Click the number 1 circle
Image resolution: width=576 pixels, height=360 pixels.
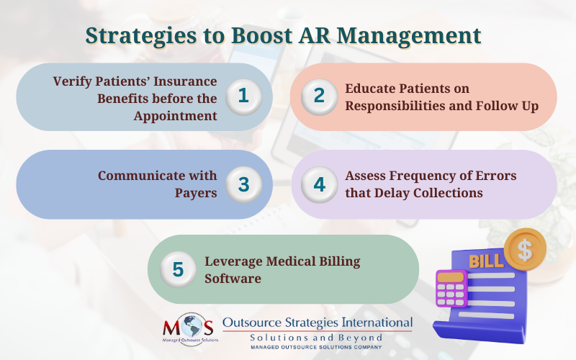(243, 96)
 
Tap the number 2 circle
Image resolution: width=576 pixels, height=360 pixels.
(318, 96)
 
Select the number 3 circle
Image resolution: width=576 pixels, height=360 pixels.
(243, 184)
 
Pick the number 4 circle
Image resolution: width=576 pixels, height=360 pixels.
(318, 184)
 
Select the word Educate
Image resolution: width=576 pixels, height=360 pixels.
(372, 89)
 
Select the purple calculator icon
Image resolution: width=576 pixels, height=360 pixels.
(451, 289)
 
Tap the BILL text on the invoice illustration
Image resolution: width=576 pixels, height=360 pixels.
(486, 261)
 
